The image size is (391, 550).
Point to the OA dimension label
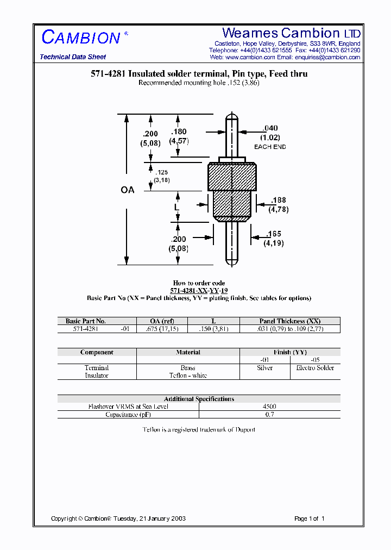127,190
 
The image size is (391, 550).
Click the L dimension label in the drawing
176,207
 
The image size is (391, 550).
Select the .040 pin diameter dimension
270,128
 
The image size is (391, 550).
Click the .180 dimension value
179,132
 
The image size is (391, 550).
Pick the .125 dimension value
161,172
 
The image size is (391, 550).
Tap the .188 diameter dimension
278,201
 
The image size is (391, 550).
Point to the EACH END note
270,147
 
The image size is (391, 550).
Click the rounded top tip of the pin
232,116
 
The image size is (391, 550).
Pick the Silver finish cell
264,368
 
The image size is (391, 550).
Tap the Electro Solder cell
315,368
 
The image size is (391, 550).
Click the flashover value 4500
269,407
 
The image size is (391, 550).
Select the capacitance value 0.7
269,415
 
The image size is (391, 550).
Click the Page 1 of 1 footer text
309,518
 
